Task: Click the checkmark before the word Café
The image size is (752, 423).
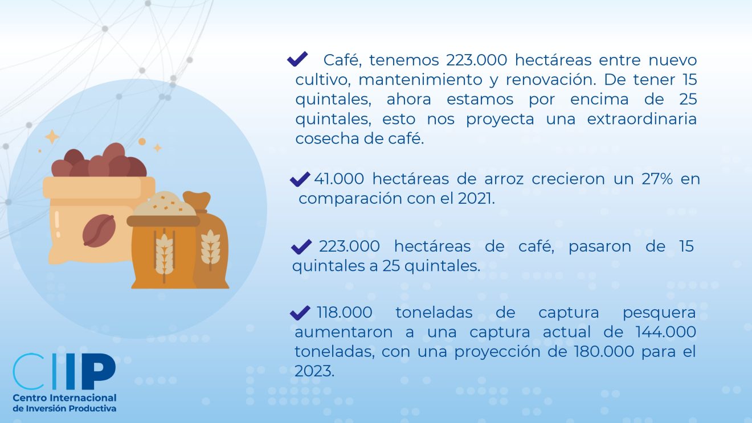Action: coord(297,59)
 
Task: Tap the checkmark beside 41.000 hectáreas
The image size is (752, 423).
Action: coord(300,179)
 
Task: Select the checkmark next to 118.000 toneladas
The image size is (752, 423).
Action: coord(300,313)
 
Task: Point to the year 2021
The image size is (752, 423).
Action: coord(476,199)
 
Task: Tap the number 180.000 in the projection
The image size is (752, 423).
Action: coord(604,351)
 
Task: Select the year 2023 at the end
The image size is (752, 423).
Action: coord(314,371)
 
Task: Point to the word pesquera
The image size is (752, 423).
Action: coord(659,313)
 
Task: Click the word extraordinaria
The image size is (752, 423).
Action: coord(641,119)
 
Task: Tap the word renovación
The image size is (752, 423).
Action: coord(551,80)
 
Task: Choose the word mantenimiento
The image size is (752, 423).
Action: coord(420,80)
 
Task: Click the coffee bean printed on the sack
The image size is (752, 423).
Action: coord(99,231)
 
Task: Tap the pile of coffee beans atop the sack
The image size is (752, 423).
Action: coord(99,161)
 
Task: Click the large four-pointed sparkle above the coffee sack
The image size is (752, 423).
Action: coord(52,137)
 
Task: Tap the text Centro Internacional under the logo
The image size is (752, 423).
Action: coord(64,398)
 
